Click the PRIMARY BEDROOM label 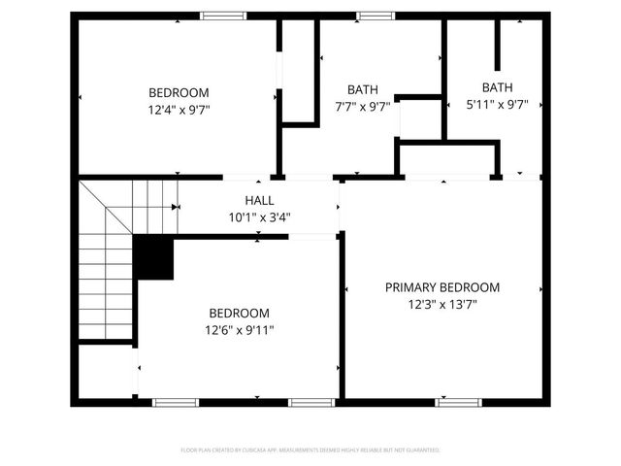click(441, 287)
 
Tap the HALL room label click(259, 200)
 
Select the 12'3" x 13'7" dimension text click(441, 304)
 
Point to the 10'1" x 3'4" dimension click(259, 216)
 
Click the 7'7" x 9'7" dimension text click(363, 107)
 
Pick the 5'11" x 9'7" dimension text click(496, 104)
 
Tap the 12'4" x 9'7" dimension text click(173, 110)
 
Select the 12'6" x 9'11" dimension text click(239, 330)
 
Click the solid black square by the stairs click(152, 257)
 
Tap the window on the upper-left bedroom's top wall click(223, 16)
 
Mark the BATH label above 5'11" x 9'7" click(497, 87)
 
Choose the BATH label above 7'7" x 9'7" click(363, 90)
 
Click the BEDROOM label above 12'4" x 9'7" click(173, 93)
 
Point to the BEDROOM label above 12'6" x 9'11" click(239, 313)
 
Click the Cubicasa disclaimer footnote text click(310, 450)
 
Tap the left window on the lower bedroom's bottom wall click(176, 401)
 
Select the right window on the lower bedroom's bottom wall click(312, 401)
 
